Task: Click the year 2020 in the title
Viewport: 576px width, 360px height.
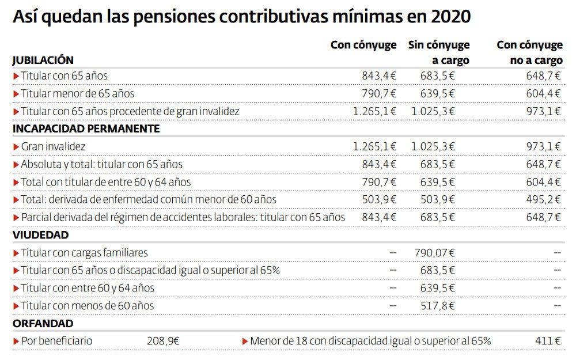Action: [x=450, y=17]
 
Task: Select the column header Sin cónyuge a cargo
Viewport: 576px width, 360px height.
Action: [x=439, y=52]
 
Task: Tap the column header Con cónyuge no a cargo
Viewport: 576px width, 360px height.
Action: [x=529, y=52]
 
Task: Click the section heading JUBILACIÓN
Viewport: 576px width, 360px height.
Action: [x=43, y=60]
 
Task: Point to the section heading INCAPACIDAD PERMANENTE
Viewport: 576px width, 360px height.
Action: [x=86, y=128]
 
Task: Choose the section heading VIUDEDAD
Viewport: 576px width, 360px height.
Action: [x=40, y=235]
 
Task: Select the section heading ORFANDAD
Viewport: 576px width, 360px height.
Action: [x=43, y=324]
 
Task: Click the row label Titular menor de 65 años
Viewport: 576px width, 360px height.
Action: [x=77, y=93]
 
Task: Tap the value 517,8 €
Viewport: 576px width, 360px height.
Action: [x=437, y=306]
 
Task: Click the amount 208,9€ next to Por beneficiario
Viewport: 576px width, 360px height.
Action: [x=163, y=341]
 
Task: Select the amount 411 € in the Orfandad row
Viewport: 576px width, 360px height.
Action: [x=547, y=341]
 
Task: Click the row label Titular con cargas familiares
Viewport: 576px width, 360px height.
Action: [x=84, y=252]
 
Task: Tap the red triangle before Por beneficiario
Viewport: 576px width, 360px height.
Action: [x=16, y=341]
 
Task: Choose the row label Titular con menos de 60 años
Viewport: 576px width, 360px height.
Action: [x=87, y=306]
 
